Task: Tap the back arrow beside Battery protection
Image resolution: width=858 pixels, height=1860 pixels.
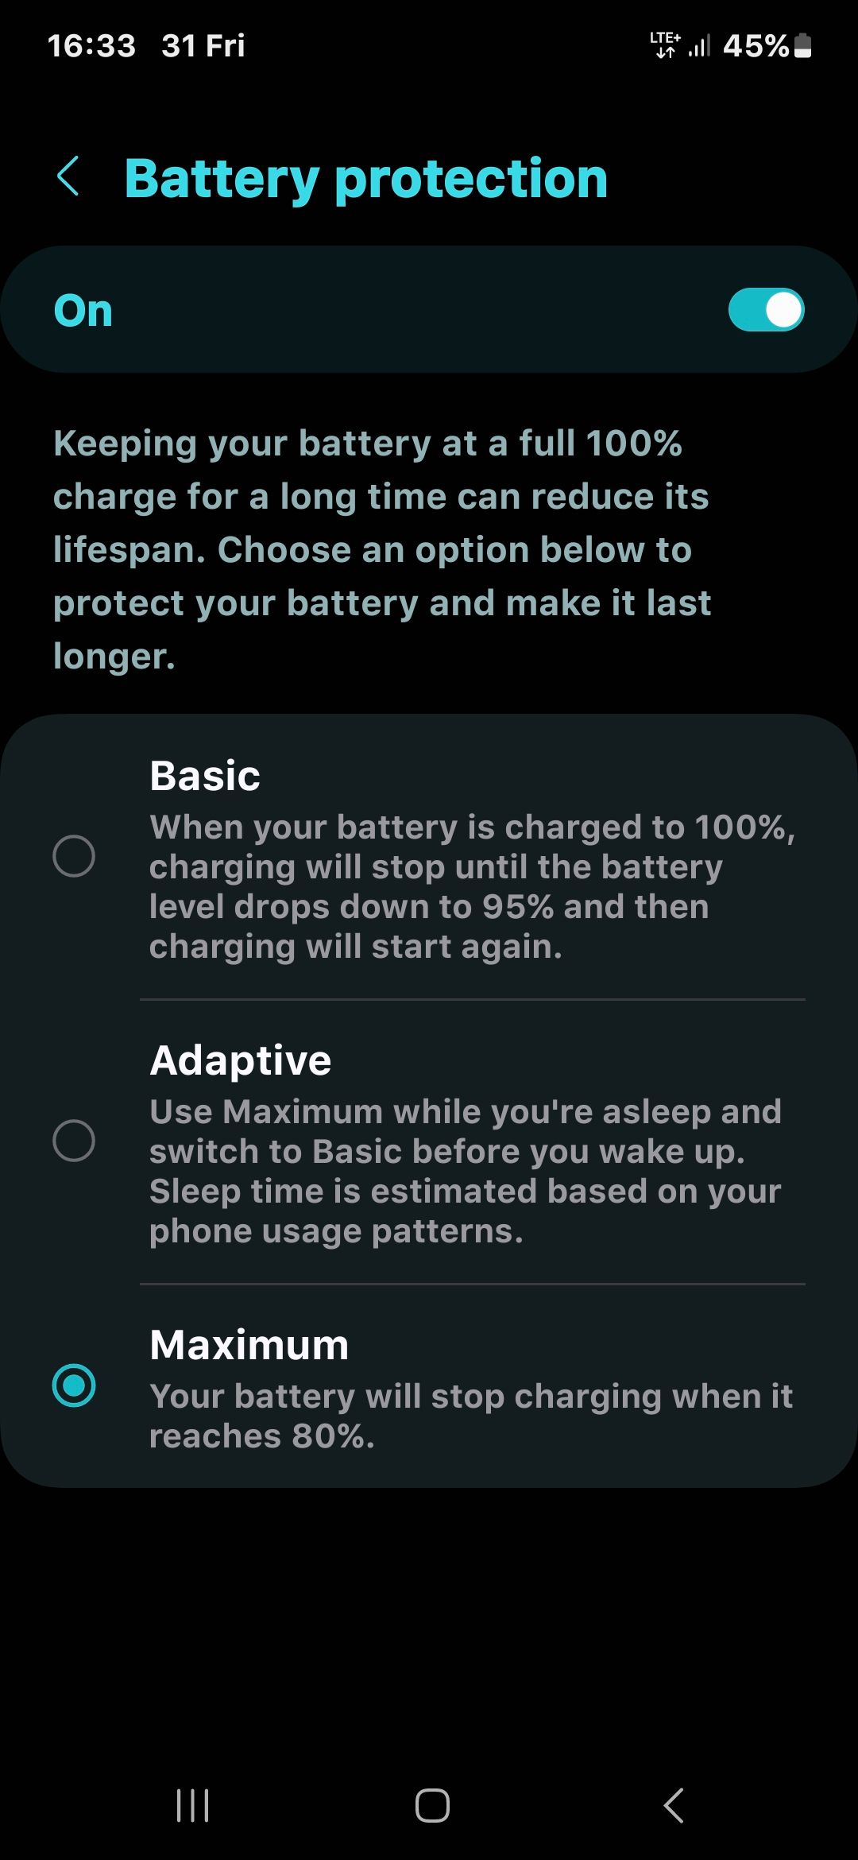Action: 69,176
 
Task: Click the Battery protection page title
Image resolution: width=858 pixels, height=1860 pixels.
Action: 366,178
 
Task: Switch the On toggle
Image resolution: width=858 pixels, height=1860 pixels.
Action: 766,310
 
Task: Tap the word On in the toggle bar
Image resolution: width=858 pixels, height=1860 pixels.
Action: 83,311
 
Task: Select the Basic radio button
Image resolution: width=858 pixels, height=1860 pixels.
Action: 74,856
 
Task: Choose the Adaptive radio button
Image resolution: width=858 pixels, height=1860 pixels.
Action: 74,1141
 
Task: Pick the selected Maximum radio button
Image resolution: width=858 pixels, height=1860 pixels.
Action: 74,1385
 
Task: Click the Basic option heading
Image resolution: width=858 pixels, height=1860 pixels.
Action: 205,776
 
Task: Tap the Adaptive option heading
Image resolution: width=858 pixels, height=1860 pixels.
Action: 241,1060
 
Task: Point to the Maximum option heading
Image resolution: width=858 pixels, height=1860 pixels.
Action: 249,1345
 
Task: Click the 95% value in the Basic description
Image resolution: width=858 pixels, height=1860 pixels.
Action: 518,907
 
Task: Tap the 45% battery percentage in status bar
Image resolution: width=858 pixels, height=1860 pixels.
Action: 755,46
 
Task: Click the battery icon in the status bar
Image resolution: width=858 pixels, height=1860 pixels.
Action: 803,45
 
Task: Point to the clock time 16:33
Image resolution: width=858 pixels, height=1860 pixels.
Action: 91,46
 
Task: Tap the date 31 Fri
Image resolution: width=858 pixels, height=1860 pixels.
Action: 203,46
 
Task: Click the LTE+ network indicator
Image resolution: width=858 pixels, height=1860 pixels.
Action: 665,45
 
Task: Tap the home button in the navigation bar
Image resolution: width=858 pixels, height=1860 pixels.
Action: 432,1805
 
